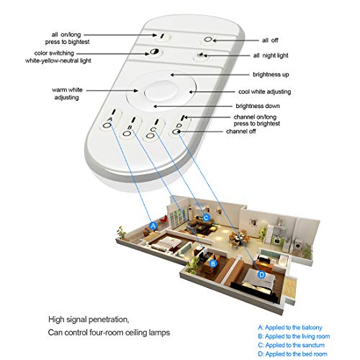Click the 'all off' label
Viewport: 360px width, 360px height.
pos(270,40)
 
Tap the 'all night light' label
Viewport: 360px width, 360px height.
pos(271,55)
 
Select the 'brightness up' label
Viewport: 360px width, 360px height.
pos(271,75)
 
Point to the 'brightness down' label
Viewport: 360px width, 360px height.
pos(258,106)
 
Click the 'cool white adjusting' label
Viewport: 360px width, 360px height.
pos(264,91)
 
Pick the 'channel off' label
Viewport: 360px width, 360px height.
pos(240,131)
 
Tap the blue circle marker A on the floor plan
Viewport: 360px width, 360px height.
pos(153,225)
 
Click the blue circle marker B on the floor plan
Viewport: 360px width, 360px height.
pos(213,264)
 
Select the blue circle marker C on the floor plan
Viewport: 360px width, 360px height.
pos(206,218)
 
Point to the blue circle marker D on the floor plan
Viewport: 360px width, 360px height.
pos(261,274)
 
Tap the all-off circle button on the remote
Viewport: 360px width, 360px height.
pos(207,39)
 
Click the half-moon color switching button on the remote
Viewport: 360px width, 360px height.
pos(153,52)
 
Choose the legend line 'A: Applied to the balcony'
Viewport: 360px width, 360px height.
pos(290,328)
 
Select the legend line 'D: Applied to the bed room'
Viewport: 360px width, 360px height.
pos(292,354)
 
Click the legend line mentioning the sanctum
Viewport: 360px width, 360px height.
pos(292,345)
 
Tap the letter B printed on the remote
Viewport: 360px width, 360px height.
pos(130,127)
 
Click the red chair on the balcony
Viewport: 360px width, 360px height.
pos(164,219)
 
